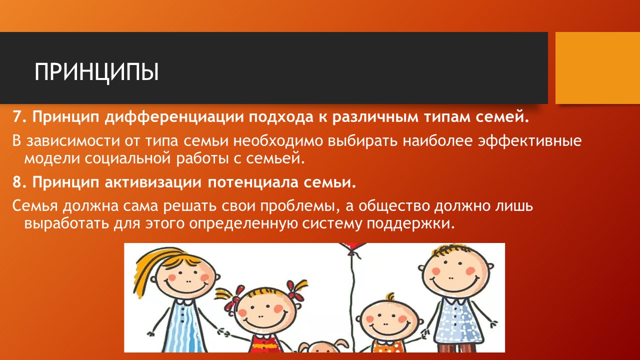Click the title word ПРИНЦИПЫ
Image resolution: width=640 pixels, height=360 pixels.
96,72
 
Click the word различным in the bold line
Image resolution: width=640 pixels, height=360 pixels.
375,117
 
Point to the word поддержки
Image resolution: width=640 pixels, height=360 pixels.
410,224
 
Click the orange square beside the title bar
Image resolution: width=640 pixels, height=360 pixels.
597,68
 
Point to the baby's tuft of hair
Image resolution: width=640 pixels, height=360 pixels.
390,297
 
